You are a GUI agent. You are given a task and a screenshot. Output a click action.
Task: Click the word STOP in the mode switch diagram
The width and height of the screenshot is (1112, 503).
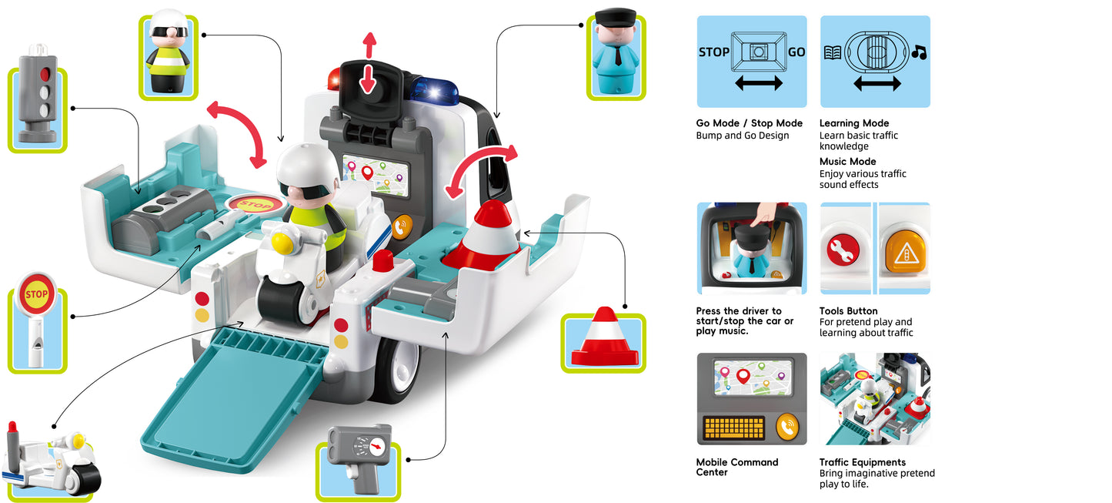pos(713,52)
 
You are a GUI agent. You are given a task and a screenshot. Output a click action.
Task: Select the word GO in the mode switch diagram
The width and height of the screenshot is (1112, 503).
pos(796,52)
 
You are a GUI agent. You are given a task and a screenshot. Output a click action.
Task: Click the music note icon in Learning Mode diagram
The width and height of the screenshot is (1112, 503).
pos(918,52)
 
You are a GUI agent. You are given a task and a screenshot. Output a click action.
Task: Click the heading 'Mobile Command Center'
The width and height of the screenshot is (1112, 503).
pos(736,467)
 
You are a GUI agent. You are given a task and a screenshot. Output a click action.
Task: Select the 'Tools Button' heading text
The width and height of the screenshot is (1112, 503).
pos(848,311)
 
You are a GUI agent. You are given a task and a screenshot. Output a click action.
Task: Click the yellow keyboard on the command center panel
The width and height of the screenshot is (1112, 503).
pos(734,428)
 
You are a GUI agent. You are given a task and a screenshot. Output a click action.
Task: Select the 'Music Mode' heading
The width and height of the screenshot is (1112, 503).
pos(847,162)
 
